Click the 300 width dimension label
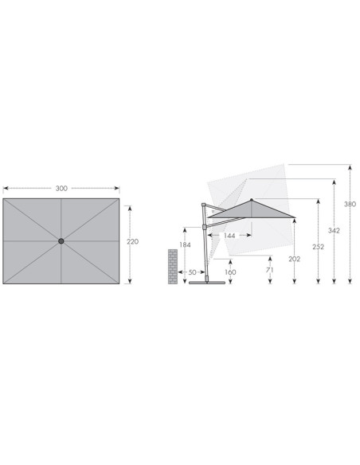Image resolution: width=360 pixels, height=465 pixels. click(61, 189)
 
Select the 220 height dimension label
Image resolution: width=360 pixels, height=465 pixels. click(132, 242)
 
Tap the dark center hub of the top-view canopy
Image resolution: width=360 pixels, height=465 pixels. click(61, 241)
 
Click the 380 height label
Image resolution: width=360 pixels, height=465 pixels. click(350, 204)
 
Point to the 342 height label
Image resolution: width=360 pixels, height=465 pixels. click(334, 230)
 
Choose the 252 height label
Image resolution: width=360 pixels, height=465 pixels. click(319, 247)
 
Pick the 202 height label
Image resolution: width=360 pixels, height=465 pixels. click(295, 260)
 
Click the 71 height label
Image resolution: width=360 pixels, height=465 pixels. click(269, 270)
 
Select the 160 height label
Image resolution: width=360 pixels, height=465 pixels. click(230, 272)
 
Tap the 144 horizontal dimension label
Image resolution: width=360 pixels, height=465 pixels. click(229, 236)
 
